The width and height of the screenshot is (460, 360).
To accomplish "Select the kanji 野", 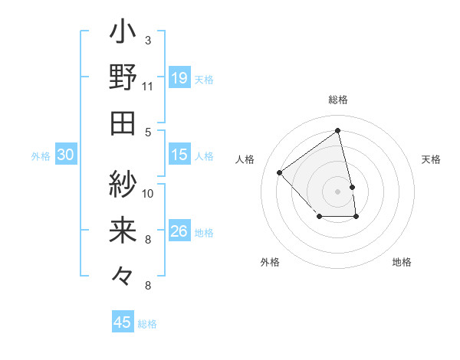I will point(123,77).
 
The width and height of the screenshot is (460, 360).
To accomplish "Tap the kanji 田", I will point(123,123).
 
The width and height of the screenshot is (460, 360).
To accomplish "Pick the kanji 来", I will point(123,230).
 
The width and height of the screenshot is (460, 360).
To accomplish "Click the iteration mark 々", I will point(123,274).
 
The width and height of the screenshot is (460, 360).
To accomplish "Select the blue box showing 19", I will point(179,78).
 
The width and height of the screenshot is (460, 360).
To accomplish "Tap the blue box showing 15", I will point(179,155).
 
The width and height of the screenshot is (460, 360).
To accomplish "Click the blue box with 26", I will point(179,231).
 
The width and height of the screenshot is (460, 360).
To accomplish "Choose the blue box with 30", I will point(66,155).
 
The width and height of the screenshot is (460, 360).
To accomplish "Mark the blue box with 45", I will point(123,322).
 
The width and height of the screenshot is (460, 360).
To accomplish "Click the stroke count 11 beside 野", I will point(147,86).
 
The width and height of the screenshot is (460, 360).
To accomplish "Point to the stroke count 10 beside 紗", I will point(148,193).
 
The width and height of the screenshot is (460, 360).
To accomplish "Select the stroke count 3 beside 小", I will point(148,40).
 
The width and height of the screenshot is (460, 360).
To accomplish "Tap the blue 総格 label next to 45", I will point(147,324).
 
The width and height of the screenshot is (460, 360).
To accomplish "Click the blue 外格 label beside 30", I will point(41,156).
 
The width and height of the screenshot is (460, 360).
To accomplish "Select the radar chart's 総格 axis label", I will point(338,100).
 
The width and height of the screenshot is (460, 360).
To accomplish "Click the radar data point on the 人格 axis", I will point(280,172).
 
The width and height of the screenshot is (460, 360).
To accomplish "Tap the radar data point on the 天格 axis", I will point(352,187).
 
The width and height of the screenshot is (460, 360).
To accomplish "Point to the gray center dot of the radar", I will point(338,191).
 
